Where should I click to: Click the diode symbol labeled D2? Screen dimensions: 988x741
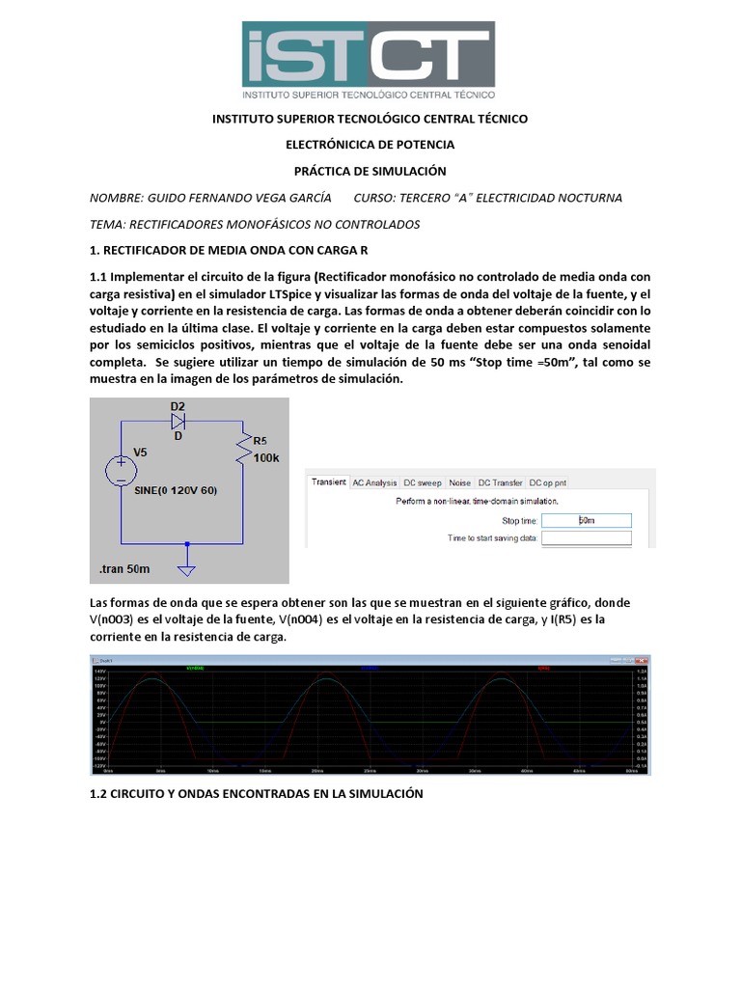pyautogui.click(x=178, y=421)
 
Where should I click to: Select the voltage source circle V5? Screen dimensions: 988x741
pyautogui.click(x=121, y=470)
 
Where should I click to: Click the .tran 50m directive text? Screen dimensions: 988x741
pyautogui.click(x=124, y=569)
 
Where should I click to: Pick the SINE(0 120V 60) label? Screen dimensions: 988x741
pyautogui.click(x=176, y=490)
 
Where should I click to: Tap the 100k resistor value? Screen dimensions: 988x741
pyautogui.click(x=265, y=458)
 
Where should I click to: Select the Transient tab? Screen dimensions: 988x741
pyautogui.click(x=327, y=482)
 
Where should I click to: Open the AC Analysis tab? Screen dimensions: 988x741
pyautogui.click(x=374, y=482)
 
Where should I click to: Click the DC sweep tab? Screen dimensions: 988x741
pyautogui.click(x=423, y=482)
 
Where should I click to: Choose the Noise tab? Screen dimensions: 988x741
pyautogui.click(x=460, y=482)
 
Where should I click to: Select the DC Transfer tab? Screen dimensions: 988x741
pyautogui.click(x=500, y=482)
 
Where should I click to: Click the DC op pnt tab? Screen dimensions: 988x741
pyautogui.click(x=548, y=482)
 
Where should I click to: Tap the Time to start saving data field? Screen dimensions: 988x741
pyautogui.click(x=587, y=538)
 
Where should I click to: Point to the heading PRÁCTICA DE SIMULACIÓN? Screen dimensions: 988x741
pyautogui.click(x=370, y=171)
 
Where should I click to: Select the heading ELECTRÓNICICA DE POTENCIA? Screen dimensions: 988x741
pyautogui.click(x=370, y=145)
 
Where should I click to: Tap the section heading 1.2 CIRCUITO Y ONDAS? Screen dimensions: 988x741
pyautogui.click(x=256, y=793)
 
